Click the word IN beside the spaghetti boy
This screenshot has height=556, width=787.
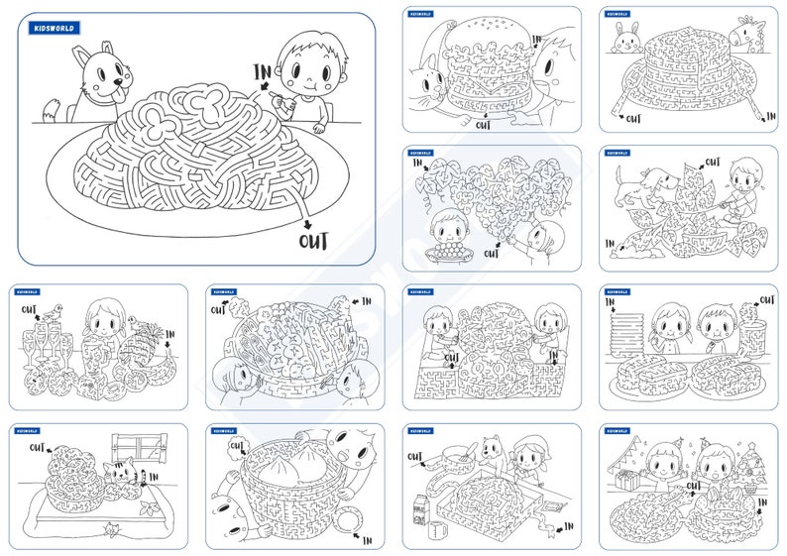point(262,71)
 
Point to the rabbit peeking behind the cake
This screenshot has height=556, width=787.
point(625,41)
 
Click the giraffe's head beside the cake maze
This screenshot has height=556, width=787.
point(743,36)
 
